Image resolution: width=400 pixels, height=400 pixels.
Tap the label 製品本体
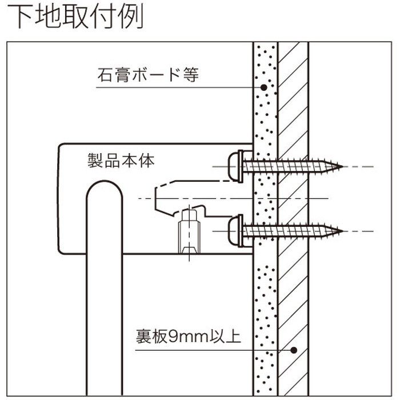tap(121, 161)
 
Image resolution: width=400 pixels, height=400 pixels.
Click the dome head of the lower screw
tap(234, 230)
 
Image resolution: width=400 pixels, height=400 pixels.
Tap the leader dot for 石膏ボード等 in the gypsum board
tap(264, 87)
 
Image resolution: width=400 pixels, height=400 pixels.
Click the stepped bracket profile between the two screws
tap(189, 197)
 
